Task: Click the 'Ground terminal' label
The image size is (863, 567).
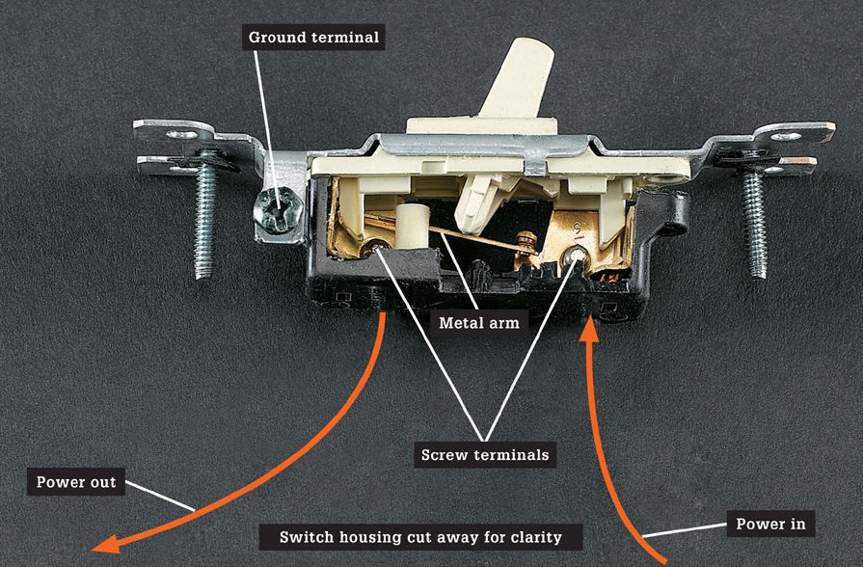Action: pyautogui.click(x=313, y=38)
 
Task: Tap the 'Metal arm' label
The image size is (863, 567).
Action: pyautogui.click(x=479, y=323)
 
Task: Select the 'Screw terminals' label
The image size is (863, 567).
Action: pyautogui.click(x=485, y=455)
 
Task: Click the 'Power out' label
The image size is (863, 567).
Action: pyautogui.click(x=76, y=482)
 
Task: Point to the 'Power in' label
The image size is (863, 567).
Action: pyautogui.click(x=770, y=524)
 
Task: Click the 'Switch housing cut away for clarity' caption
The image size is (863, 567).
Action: pyautogui.click(x=420, y=537)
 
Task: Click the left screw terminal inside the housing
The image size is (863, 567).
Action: pyautogui.click(x=377, y=249)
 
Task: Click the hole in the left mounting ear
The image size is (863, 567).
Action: pyautogui.click(x=182, y=134)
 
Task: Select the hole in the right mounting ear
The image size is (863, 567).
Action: pyautogui.click(x=786, y=136)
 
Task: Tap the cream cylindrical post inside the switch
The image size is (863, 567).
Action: pyautogui.click(x=413, y=227)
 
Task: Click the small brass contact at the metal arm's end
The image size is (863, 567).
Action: pyautogui.click(x=526, y=243)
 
